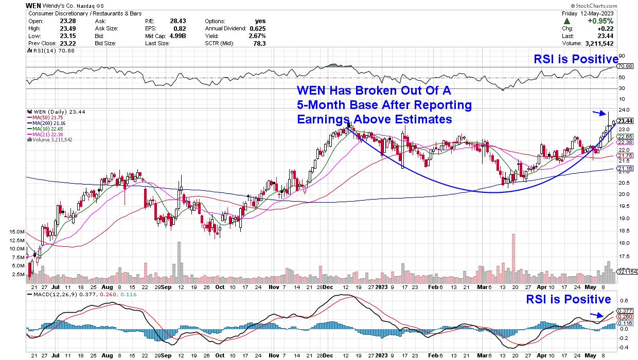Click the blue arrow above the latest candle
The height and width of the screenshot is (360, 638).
point(598,113)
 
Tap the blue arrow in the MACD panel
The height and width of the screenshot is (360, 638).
point(595,315)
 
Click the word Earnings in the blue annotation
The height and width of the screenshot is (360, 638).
point(321,119)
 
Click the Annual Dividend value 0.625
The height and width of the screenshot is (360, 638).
point(256,29)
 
